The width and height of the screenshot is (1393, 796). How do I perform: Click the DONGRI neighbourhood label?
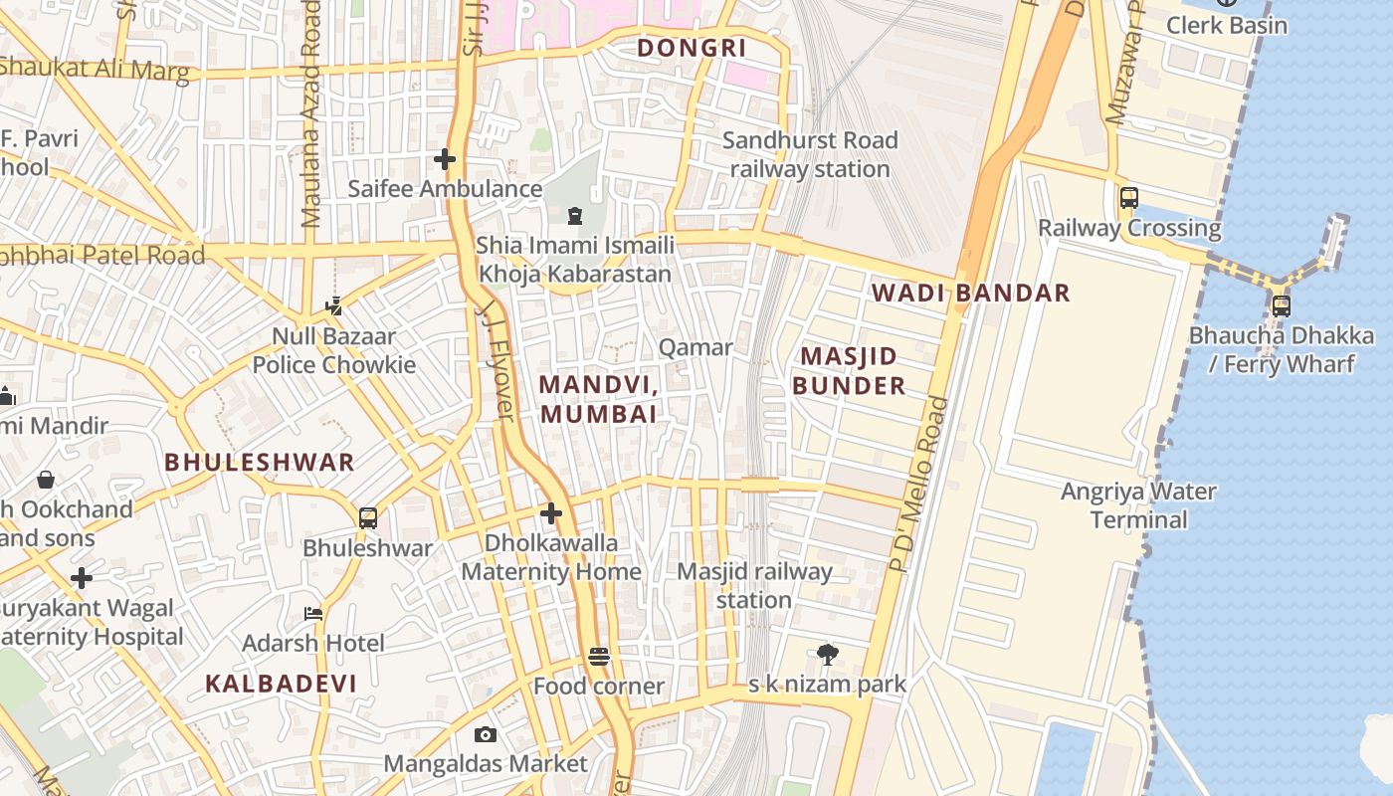692,48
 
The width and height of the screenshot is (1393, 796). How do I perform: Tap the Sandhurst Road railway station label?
810,154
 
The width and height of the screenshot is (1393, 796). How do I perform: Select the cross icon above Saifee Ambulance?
445,159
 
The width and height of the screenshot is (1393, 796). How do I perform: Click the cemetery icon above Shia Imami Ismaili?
575,216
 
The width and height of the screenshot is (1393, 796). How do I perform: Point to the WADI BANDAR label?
970,293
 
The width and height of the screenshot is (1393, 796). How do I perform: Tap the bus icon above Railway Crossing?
1128,197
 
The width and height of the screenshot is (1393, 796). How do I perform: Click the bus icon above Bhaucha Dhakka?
1281,305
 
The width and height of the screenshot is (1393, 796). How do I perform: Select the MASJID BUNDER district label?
849,371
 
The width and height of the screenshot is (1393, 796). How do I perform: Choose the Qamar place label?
696,347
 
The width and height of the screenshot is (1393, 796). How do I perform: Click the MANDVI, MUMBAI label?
598,399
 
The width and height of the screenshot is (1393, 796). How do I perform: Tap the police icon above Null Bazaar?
334,306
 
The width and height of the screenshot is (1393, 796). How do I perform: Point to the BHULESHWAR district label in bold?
259,462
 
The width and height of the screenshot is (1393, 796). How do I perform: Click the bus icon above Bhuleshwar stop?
368,517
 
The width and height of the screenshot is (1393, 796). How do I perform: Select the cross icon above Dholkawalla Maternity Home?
551,513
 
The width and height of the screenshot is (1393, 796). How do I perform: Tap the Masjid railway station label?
754,586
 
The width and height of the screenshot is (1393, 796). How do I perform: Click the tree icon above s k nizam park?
827,654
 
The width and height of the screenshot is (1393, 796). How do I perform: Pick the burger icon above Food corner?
598,657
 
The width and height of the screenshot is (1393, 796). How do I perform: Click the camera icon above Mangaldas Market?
486,734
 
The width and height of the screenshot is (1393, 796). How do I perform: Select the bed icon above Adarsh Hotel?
312,614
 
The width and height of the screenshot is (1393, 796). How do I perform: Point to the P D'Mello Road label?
914,484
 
